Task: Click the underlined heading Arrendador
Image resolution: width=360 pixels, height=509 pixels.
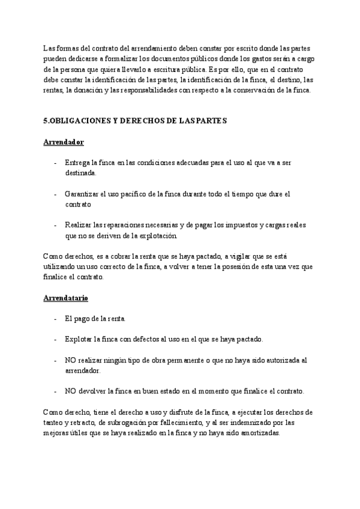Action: pyautogui.click(x=64, y=142)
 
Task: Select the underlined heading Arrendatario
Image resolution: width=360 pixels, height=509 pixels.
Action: pyautogui.click(x=67, y=297)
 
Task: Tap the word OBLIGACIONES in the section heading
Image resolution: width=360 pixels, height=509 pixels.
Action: pyautogui.click(x=80, y=121)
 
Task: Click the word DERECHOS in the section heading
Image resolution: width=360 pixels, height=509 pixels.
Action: pyautogui.click(x=150, y=121)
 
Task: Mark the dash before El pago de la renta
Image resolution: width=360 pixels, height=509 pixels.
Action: pyautogui.click(x=56, y=318)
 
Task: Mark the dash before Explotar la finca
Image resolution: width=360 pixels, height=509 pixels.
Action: pyautogui.click(x=56, y=339)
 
